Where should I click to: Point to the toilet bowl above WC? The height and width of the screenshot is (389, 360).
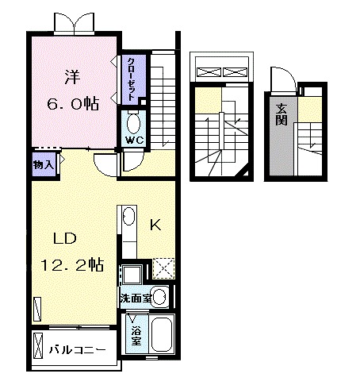(x=132, y=122)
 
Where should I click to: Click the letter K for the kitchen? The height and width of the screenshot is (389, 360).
(x=155, y=225)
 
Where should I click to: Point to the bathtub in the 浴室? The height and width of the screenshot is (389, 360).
(x=161, y=334)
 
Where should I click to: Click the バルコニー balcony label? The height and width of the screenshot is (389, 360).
(x=75, y=349)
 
